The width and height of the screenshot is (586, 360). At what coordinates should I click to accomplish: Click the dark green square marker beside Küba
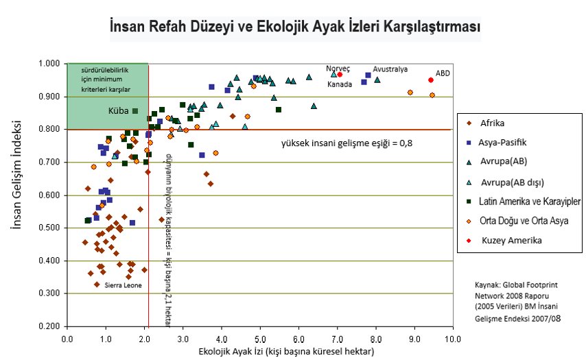point(135,110)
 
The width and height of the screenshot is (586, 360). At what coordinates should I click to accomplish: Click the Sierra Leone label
point(123,285)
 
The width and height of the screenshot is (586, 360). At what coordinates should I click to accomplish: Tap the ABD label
point(443,73)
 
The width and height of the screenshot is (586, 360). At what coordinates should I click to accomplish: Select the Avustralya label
point(390,69)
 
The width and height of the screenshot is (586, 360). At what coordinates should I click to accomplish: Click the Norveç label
point(338,69)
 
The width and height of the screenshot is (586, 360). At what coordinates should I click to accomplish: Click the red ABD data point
point(431,80)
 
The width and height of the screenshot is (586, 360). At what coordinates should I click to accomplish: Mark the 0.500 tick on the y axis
point(50,228)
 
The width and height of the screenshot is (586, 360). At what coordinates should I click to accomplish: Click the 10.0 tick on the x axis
point(452,337)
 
